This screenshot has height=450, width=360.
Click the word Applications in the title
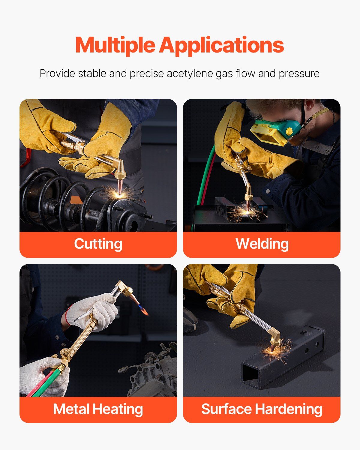221,46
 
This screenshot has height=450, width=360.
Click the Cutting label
98,244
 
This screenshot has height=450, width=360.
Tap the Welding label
262,244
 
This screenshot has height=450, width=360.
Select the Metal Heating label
98,409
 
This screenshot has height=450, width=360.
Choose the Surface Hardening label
262,409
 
